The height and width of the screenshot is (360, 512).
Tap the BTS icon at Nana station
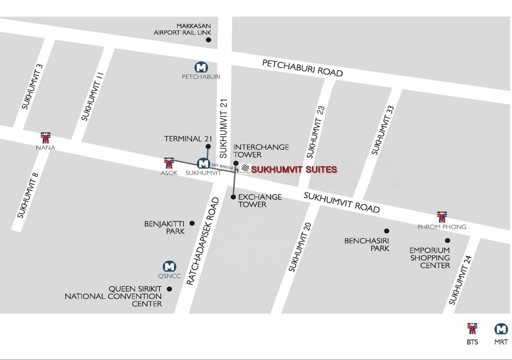coord(46,138)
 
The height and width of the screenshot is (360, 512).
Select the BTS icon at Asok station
coord(169,163)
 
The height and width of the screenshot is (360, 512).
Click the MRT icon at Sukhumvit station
coord(203,163)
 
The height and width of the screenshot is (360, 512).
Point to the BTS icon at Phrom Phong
coord(442,216)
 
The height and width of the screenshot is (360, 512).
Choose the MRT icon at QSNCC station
coord(170,266)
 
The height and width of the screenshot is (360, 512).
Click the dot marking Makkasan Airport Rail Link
coord(208,40)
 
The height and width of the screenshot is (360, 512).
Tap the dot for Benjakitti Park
coord(192,223)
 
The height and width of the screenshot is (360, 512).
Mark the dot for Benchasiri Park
coord(386,231)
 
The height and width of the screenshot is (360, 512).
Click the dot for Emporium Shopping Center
coord(447,240)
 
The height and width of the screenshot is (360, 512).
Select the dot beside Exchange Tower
coord(234,197)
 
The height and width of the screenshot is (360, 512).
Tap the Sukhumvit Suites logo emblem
coord(245,169)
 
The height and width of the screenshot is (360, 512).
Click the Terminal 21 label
coord(188,139)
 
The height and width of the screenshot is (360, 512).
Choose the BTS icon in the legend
coord(472,329)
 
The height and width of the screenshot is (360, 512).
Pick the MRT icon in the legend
coord(501,329)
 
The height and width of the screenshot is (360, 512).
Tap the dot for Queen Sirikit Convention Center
coord(169,289)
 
